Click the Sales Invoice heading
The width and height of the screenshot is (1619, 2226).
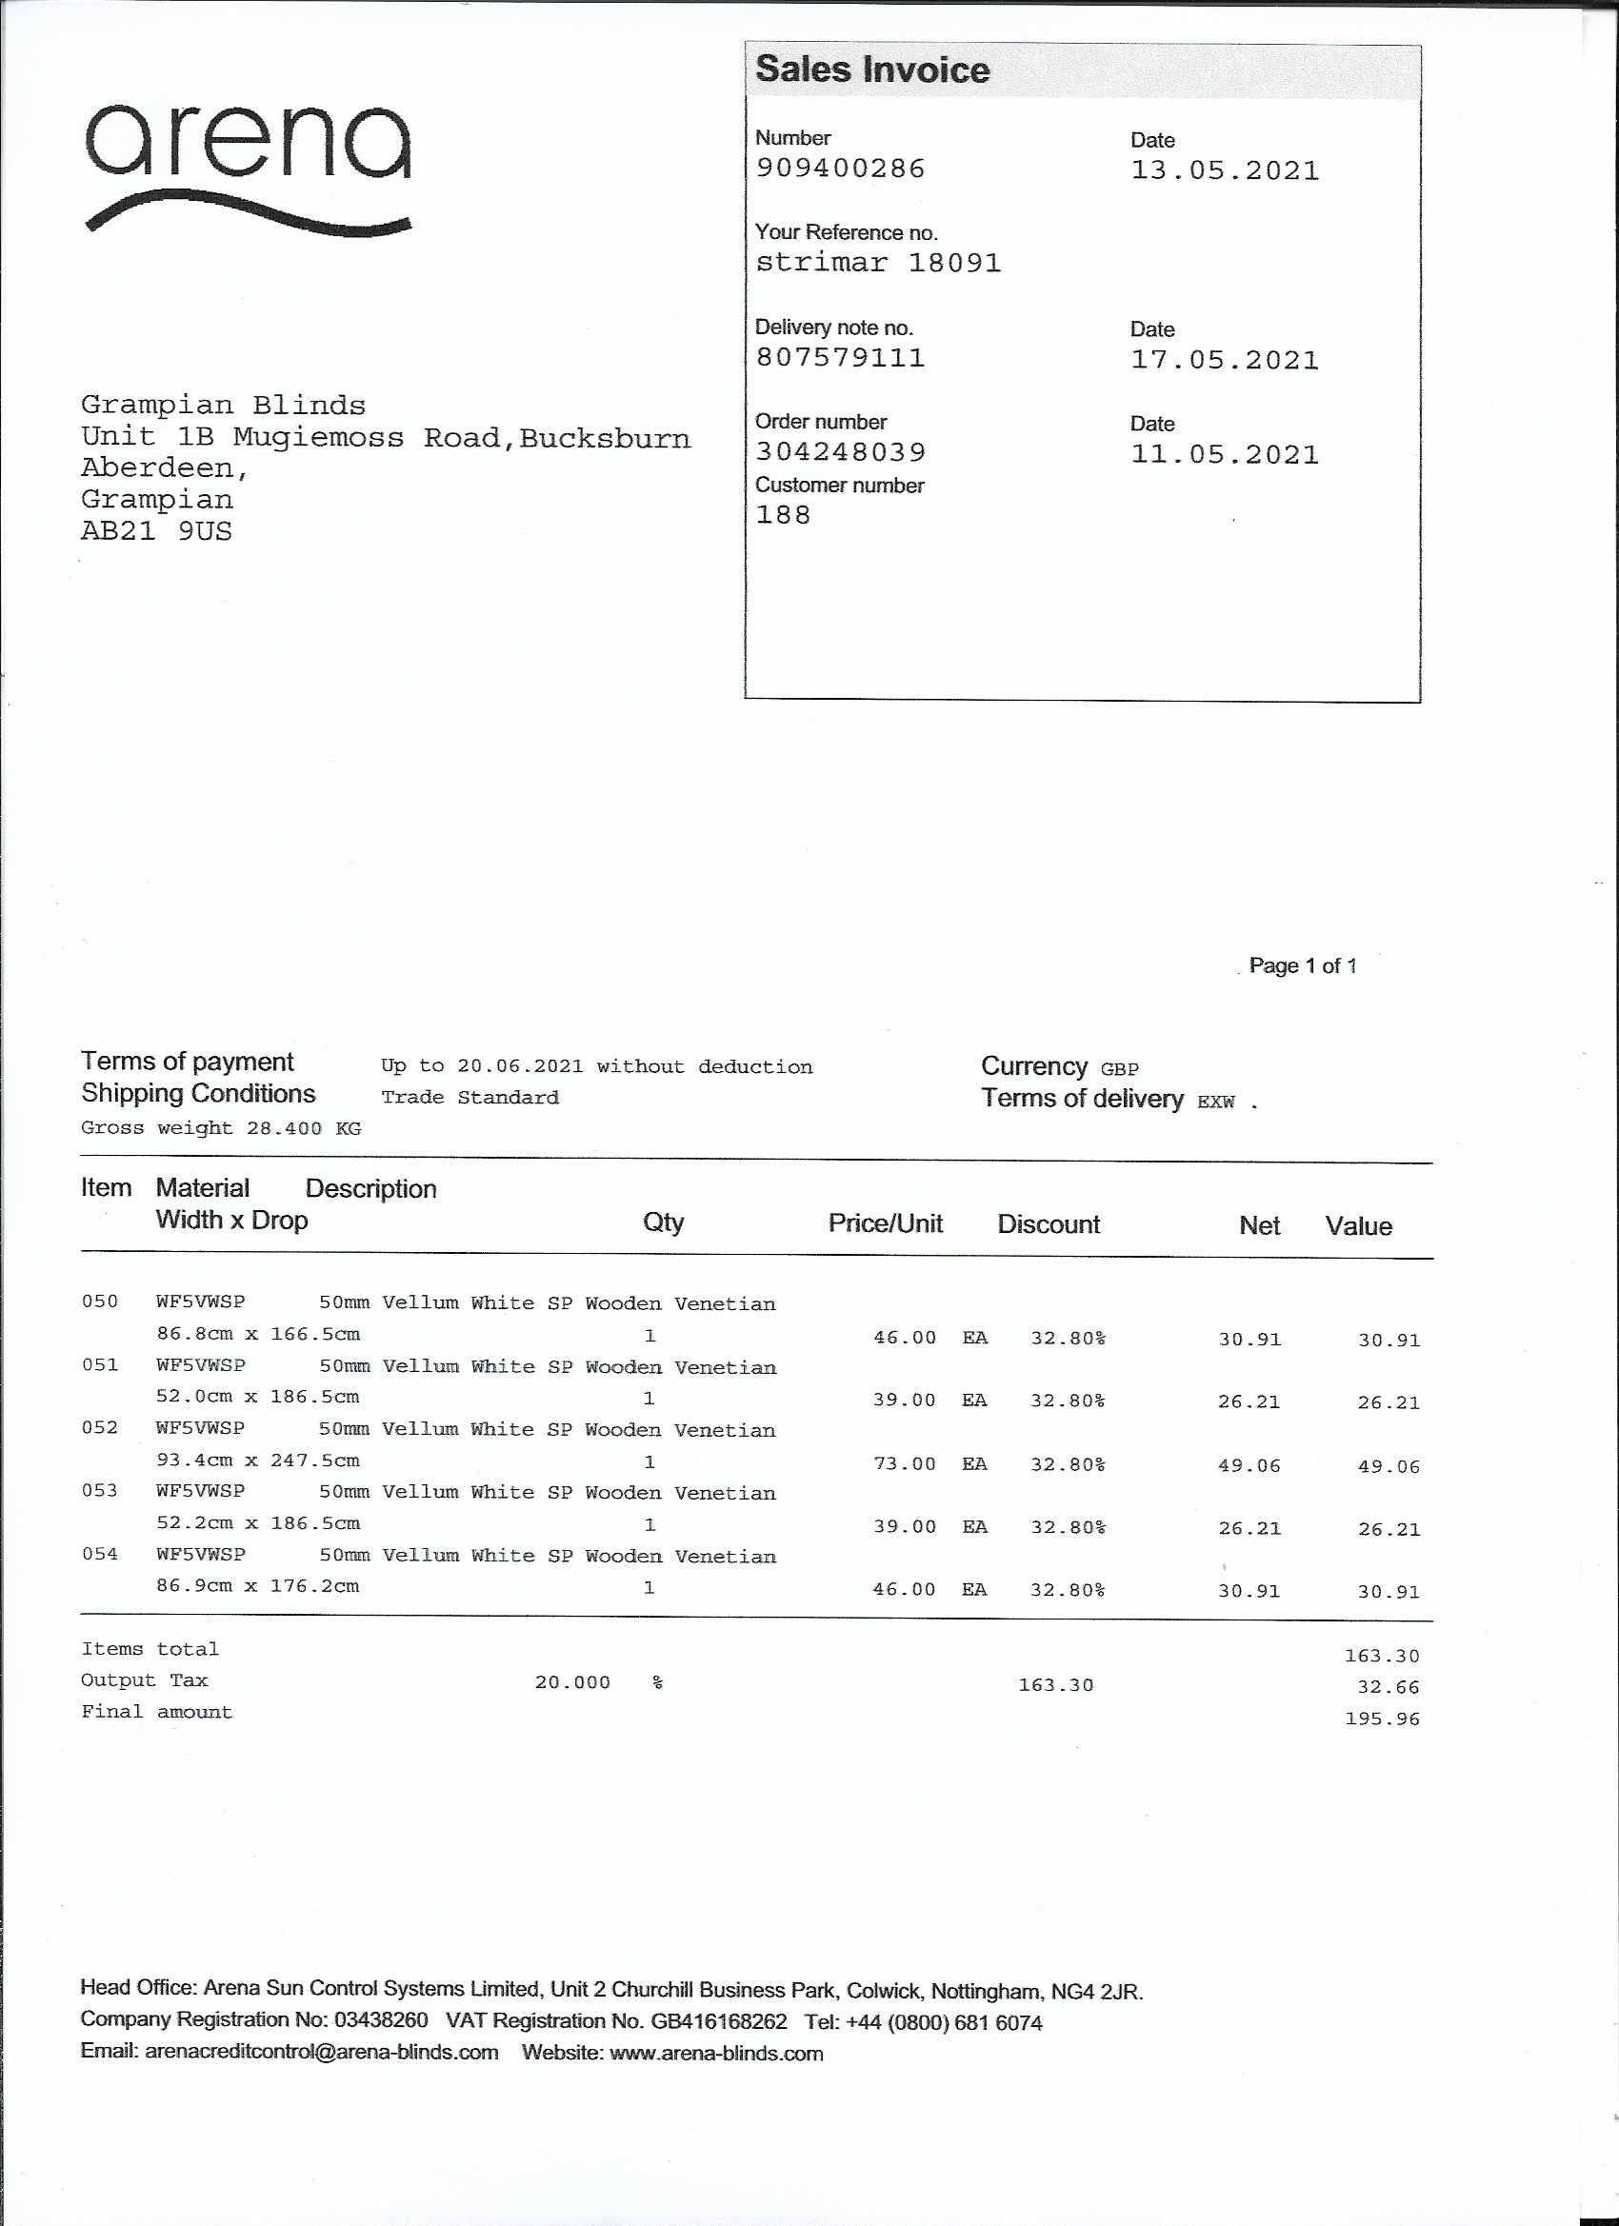coord(871,70)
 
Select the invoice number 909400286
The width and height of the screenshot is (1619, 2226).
coord(840,169)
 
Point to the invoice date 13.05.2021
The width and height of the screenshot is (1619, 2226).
coord(1225,170)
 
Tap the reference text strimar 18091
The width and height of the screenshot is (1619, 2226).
coord(878,263)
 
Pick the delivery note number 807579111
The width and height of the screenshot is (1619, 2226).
coord(840,357)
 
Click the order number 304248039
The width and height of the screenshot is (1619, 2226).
coord(840,451)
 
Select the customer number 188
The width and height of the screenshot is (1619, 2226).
coord(783,514)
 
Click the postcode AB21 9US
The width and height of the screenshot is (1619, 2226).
coord(156,531)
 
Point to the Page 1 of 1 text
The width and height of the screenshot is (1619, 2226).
coord(1302,965)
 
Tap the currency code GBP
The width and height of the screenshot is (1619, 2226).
coord(1119,1069)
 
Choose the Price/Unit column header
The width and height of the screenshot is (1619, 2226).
coord(885,1222)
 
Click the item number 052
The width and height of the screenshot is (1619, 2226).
coord(99,1428)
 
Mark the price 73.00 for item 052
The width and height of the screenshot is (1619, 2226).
coord(904,1464)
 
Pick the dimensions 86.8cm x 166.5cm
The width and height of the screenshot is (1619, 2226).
coord(258,1335)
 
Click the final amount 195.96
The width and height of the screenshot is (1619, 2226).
coord(1383,1719)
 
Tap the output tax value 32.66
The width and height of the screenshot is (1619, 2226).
coord(1389,1687)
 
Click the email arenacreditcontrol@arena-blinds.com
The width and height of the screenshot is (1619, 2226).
coord(321,2053)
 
